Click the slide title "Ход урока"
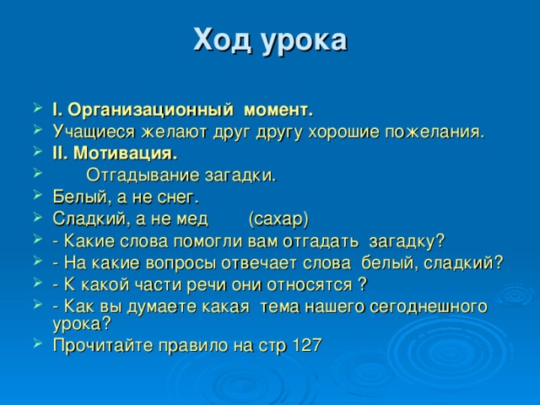point(269,40)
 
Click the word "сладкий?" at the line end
point(467,263)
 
